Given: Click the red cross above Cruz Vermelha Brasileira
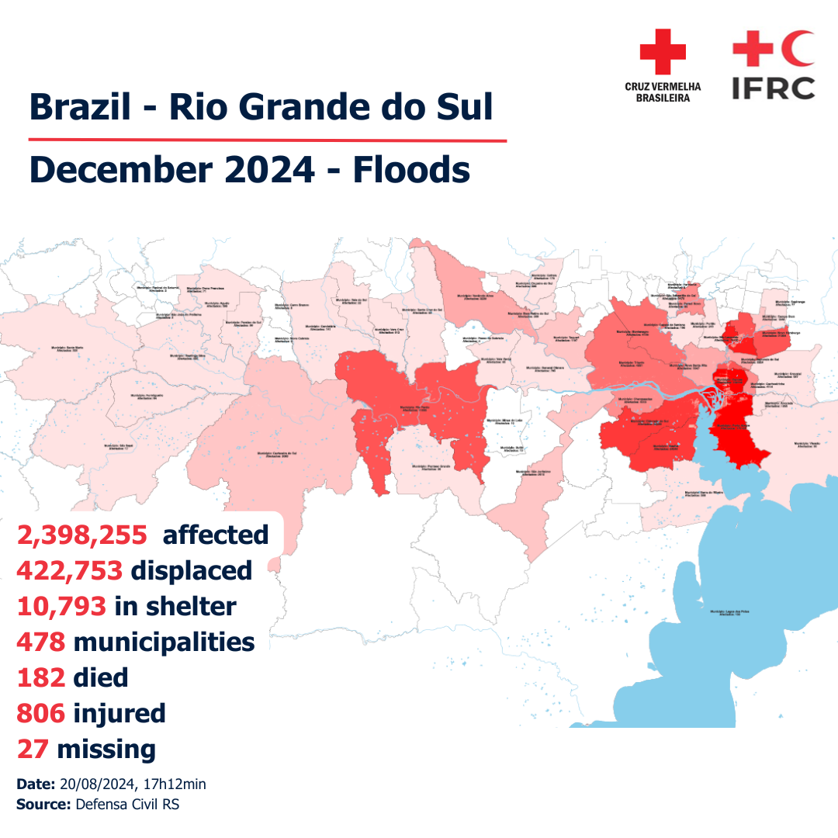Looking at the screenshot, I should pos(662,52).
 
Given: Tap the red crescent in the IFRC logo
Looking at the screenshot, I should pos(798,48).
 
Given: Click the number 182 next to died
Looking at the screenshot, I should pos(40,677).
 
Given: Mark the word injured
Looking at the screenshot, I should pos(119,713).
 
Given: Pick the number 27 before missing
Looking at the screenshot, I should pos(33,749).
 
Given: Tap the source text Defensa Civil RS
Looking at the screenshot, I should pos(127,805).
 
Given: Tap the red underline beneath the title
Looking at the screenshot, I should pos(268,141).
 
